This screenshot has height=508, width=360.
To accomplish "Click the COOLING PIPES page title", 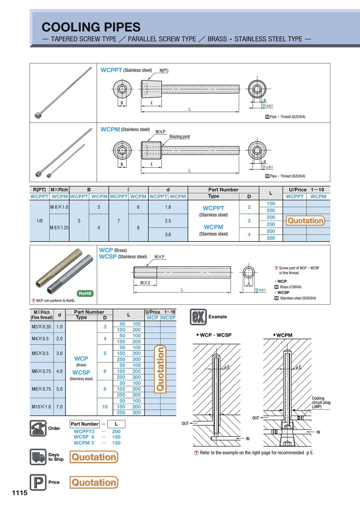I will click(x=91, y=27).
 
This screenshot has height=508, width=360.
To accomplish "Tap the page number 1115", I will click(x=19, y=493).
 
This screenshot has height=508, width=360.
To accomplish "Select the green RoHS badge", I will click(x=85, y=293).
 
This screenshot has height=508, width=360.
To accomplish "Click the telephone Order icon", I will click(x=38, y=428).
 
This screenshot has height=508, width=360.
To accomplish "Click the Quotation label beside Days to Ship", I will click(x=94, y=457).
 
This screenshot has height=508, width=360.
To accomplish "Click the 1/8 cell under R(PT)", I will click(x=39, y=220).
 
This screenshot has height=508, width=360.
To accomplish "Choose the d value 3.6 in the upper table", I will click(x=168, y=235).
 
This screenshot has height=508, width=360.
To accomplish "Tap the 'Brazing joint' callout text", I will click(x=180, y=137).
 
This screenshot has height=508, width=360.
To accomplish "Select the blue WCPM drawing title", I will click(x=110, y=129).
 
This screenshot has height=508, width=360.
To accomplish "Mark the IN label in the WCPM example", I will click(x=318, y=432).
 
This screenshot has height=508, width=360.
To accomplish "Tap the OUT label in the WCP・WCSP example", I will click(x=185, y=423).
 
